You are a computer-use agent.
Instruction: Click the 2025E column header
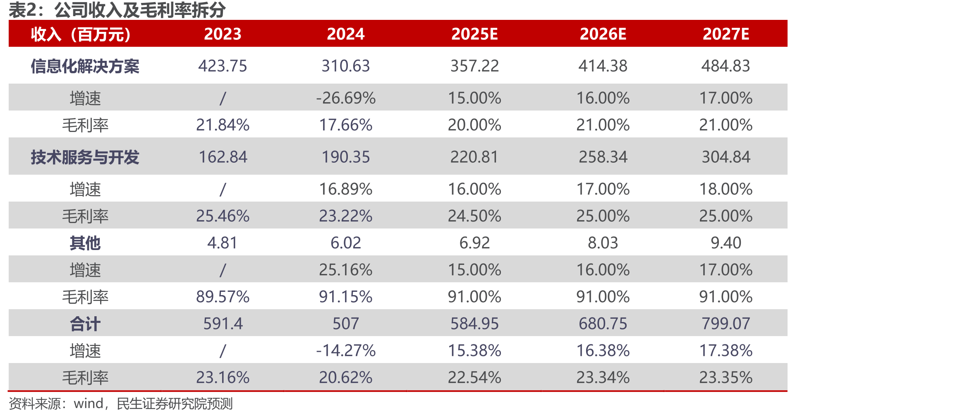474,34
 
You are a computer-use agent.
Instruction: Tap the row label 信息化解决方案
85,66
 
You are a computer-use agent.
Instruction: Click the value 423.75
223,66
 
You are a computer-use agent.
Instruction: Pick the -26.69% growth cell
346,98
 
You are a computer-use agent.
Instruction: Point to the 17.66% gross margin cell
346,125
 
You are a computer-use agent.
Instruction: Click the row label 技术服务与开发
85,157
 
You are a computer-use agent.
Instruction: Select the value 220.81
474,157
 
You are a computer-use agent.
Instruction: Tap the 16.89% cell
346,189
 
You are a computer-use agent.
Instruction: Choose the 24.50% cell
474,216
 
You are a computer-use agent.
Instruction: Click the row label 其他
85,243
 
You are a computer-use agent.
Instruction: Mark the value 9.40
726,243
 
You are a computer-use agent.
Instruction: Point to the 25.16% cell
346,270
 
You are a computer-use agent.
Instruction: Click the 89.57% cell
223,297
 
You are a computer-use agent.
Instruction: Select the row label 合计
85,324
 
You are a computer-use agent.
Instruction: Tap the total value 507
346,324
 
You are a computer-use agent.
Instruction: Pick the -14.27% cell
346,351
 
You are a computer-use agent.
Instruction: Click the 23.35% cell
726,378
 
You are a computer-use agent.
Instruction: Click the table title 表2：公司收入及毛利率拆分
117,10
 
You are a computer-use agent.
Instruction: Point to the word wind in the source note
89,404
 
